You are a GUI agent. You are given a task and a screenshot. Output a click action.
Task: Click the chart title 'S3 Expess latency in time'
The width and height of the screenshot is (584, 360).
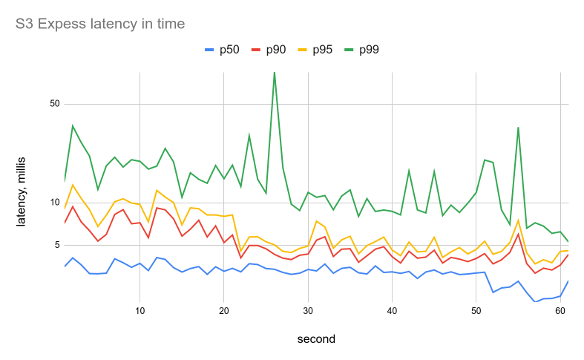[x=100, y=24]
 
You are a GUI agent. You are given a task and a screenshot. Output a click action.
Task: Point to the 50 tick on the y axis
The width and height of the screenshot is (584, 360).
[x=54, y=104]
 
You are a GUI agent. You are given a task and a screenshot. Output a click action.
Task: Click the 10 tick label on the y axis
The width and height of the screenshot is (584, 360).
[x=54, y=203]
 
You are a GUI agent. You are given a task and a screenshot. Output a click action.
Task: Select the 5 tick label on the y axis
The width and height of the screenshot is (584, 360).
[x=56, y=245]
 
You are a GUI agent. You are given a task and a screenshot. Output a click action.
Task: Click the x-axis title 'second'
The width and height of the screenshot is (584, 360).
[x=316, y=339]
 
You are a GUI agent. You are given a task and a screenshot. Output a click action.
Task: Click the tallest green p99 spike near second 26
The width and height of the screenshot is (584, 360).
[x=275, y=73]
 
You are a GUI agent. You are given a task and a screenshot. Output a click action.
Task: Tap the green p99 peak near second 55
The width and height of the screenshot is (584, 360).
[x=518, y=128]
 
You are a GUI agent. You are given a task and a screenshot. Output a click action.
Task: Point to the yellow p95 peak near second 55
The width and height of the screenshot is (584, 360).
[x=518, y=220]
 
